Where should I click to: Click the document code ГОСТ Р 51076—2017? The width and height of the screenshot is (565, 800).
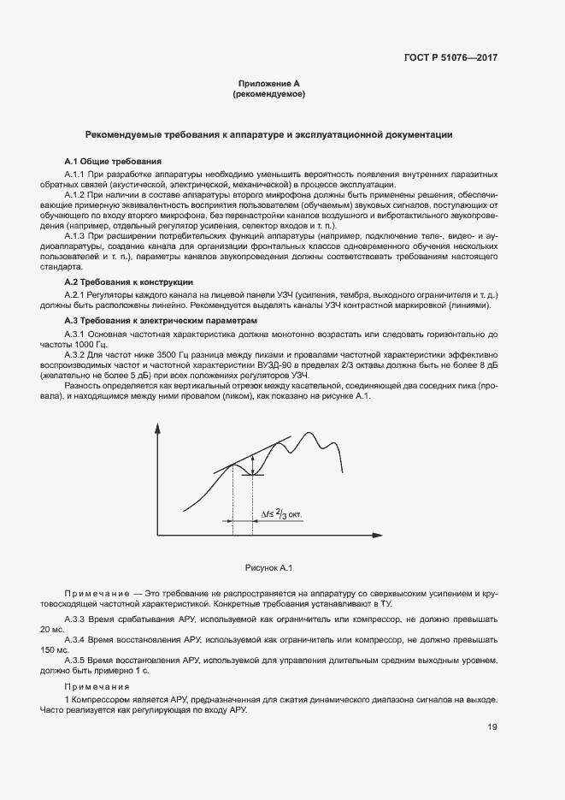click(450, 58)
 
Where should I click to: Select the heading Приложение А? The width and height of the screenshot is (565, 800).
click(268, 84)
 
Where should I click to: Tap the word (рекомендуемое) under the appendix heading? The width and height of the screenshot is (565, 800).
click(268, 94)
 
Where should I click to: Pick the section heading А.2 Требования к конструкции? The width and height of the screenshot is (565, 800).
click(129, 281)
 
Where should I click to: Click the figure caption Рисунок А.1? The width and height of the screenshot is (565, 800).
click(269, 567)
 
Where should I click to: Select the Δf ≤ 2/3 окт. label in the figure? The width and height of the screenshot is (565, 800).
click(282, 515)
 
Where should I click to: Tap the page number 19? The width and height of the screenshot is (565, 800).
click(492, 726)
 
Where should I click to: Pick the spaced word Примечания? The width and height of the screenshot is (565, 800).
click(97, 687)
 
